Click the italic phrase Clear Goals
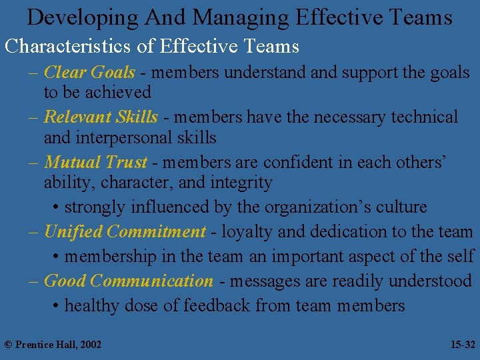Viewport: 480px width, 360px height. coord(89,72)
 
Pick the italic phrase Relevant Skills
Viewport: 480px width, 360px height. coord(101,117)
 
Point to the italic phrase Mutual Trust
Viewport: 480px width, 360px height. coord(95,162)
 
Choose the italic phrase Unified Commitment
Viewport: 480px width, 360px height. coord(125,232)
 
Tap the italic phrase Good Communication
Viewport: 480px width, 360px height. coord(128,281)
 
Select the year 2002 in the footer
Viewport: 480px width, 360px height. coord(89,345)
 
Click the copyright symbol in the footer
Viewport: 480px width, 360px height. coord(8,345)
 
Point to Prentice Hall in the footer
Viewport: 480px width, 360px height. coord(45,345)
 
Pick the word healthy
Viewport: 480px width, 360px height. coord(91,306)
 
